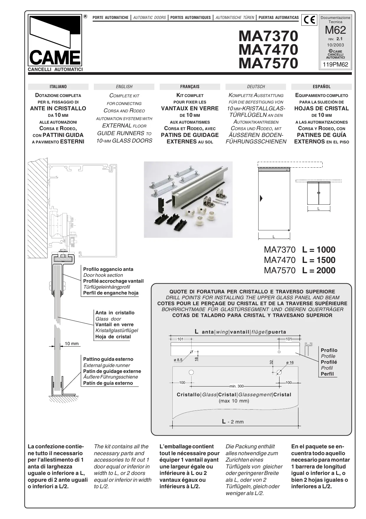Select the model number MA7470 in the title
[268, 49]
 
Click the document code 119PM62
[336, 64]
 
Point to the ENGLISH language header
[124, 87]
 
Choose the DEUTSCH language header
[256, 87]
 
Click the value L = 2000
[318, 270]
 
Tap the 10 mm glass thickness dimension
[72, 343]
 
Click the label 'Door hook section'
[103, 275]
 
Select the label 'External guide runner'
[107, 365]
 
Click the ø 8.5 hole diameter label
[178, 360]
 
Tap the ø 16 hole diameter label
[290, 363]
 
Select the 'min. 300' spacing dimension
[236, 386]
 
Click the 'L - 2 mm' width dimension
[233, 421]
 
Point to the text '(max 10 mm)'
[234, 401]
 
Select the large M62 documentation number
[335, 30]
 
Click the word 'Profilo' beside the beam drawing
[329, 350]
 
